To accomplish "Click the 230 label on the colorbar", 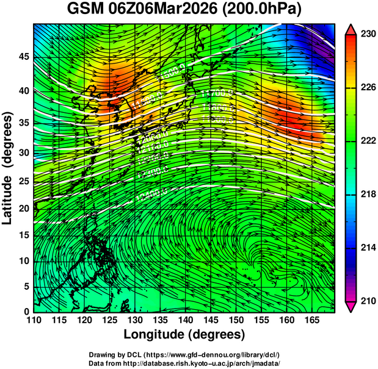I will (x=368, y=35).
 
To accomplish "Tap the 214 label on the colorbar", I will (x=368, y=248).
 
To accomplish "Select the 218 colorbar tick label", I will (x=368, y=195).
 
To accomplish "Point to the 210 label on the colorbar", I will (x=368, y=301).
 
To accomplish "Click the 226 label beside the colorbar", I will (x=368, y=88).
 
